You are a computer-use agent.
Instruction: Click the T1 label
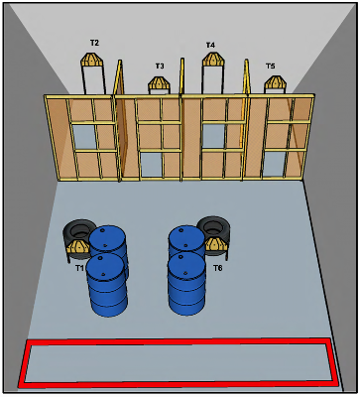(79, 268)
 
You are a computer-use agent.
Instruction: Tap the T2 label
(94, 43)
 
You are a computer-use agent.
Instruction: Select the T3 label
(160, 66)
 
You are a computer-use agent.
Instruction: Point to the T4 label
(210, 45)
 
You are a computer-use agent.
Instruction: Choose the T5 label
(271, 66)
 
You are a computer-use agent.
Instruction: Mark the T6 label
(217, 268)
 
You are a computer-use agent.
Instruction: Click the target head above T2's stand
(92, 59)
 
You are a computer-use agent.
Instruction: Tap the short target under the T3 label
(159, 85)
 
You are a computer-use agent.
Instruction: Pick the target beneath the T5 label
(276, 84)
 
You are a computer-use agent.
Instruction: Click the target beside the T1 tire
(78, 246)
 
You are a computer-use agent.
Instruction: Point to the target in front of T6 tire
(216, 244)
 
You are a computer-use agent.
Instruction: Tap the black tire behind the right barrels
(215, 230)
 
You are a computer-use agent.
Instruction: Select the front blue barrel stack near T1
(106, 285)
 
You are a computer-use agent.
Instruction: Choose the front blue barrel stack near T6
(187, 284)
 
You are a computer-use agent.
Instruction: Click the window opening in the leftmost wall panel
(84, 137)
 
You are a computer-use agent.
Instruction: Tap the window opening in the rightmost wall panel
(274, 164)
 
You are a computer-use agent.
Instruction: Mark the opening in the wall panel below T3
(152, 165)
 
